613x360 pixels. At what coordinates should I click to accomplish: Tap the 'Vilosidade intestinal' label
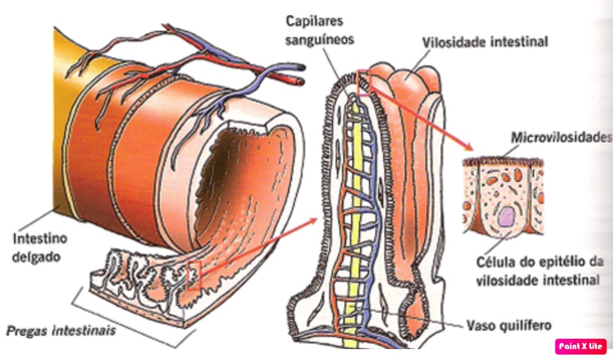(x=485, y=42)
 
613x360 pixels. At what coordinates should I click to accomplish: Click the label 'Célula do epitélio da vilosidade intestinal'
(x=538, y=272)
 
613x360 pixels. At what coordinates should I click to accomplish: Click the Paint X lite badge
(x=580, y=346)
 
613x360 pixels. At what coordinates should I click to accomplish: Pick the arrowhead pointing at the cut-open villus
(x=313, y=221)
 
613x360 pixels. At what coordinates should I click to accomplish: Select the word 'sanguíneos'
(x=320, y=40)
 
